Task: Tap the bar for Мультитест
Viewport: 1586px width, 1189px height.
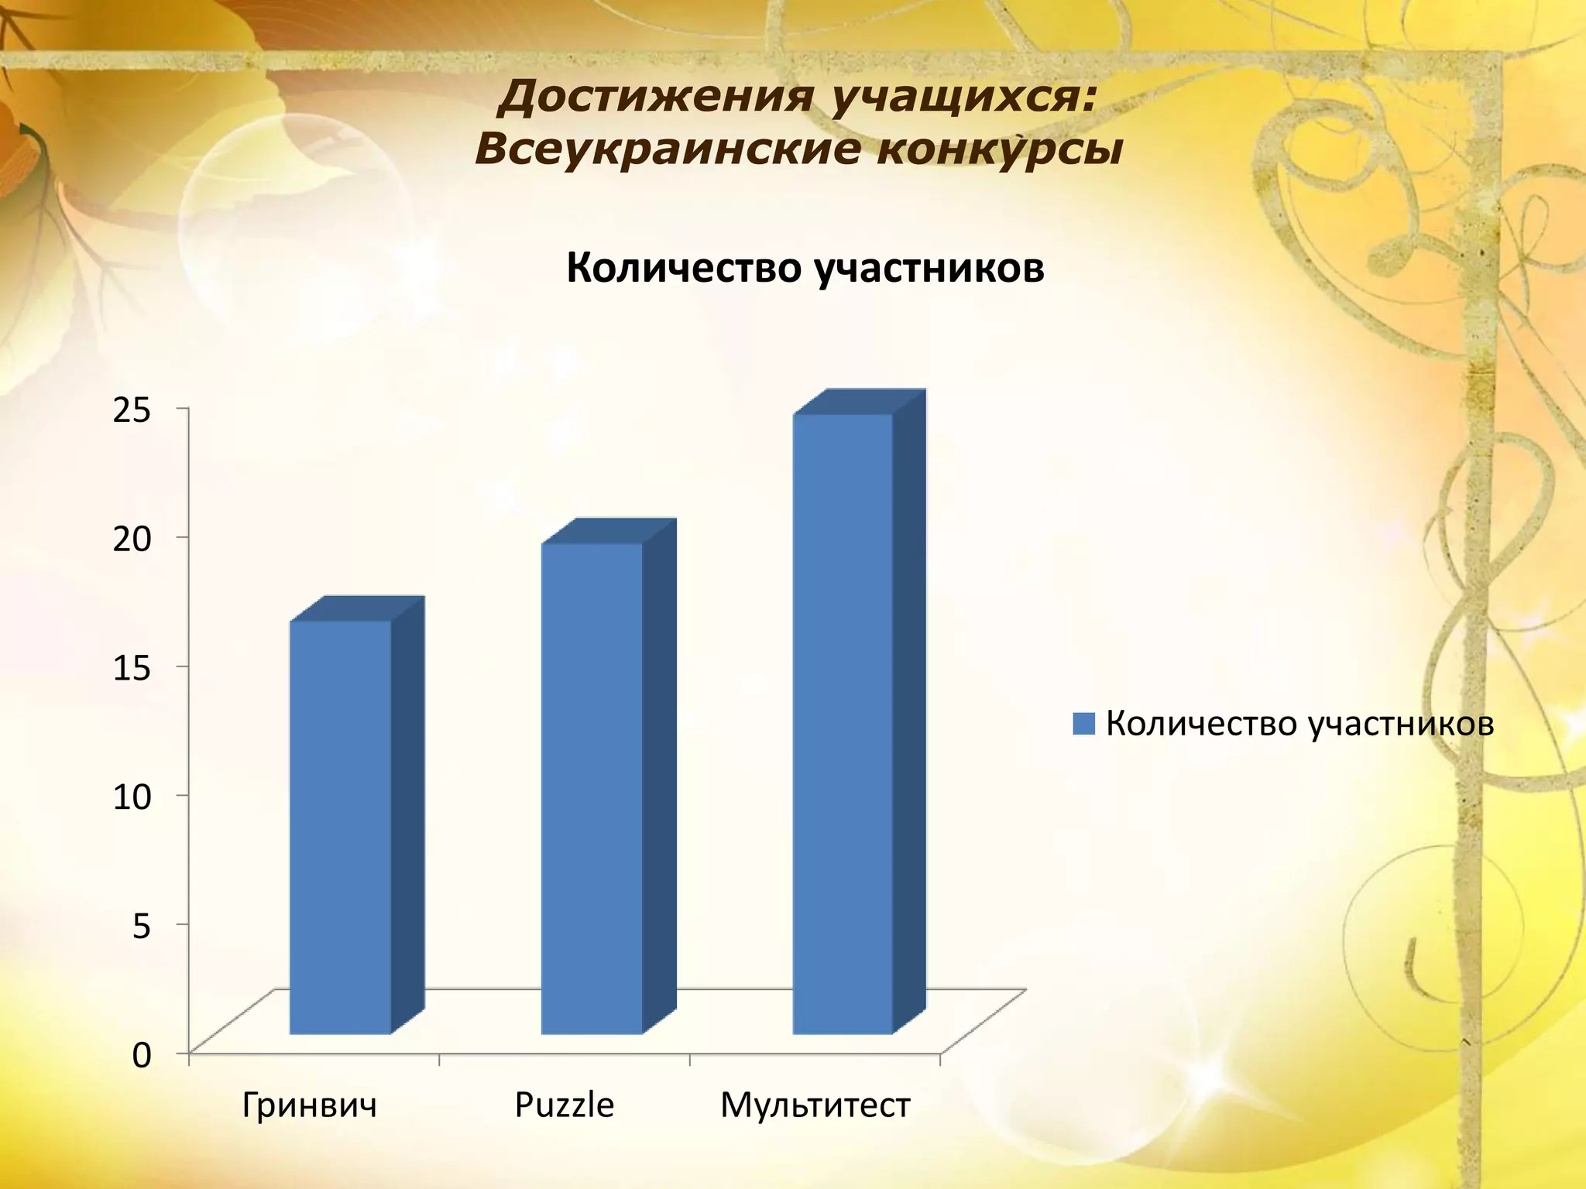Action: point(843,723)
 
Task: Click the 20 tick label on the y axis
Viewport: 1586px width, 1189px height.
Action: point(132,539)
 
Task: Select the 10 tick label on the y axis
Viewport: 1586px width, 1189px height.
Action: point(132,797)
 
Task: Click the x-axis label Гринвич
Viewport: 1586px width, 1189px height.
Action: point(309,1105)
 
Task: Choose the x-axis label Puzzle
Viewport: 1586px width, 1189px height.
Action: point(564,1105)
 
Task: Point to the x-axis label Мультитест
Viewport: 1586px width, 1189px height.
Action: point(815,1105)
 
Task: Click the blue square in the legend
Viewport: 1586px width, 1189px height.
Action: point(1083,724)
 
